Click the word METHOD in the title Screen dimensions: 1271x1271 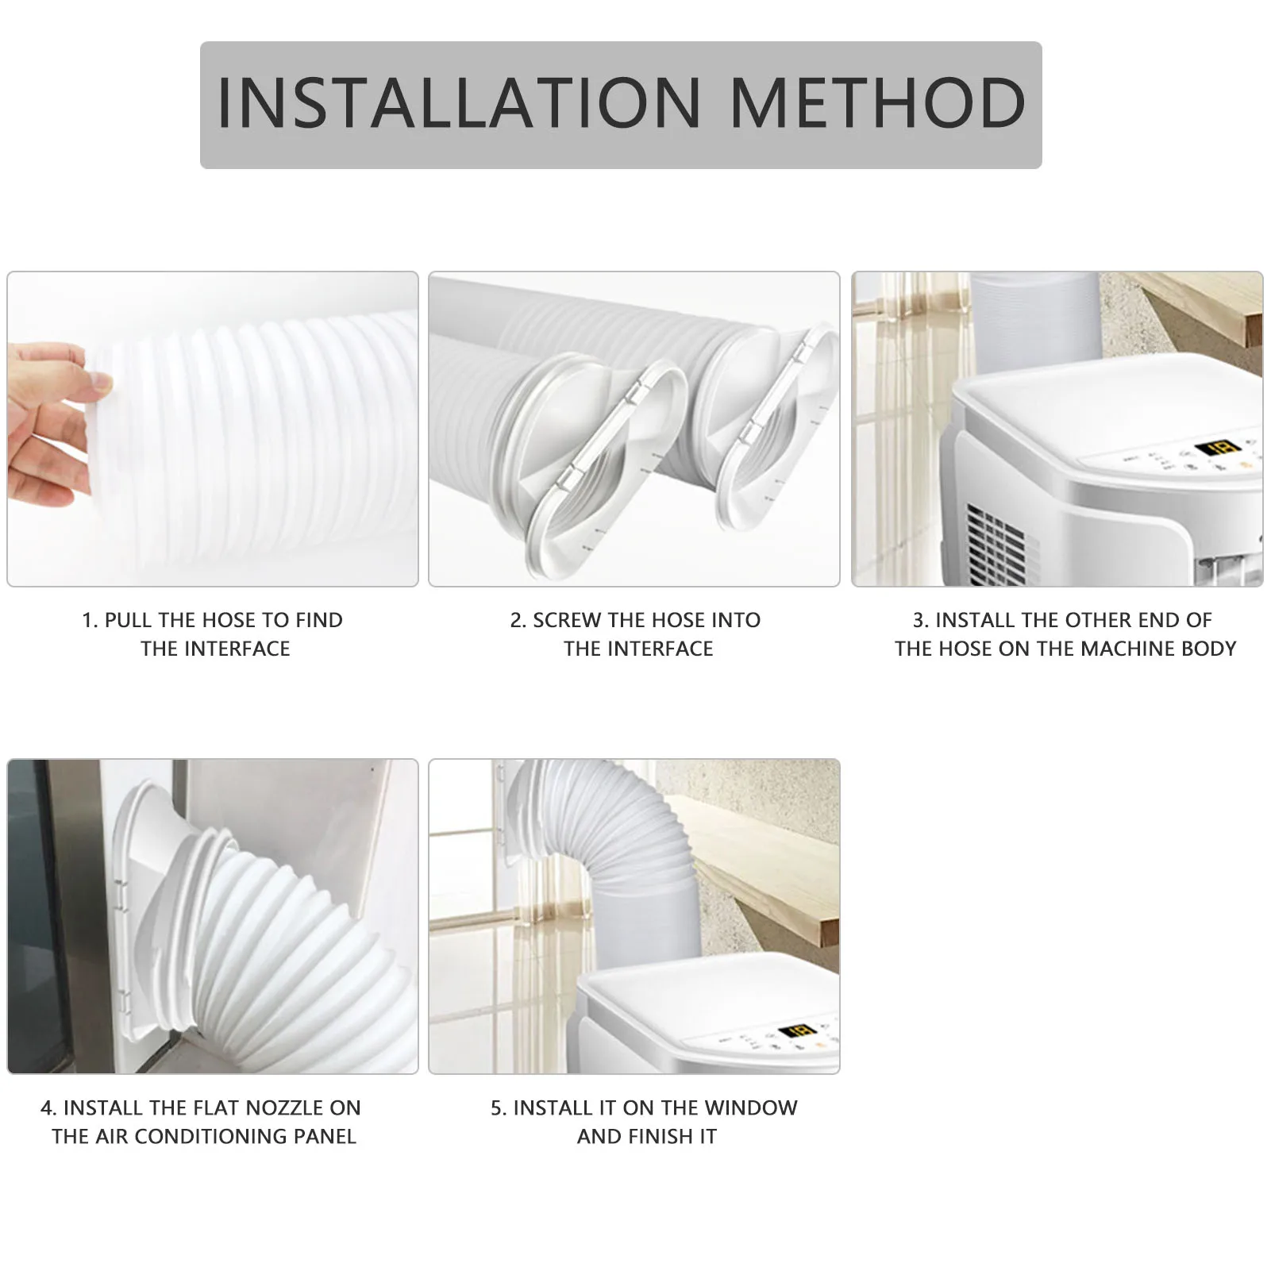coord(877,103)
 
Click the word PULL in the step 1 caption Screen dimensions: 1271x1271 coord(129,620)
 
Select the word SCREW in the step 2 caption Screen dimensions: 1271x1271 coord(567,620)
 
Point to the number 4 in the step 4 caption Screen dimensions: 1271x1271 coord(47,1107)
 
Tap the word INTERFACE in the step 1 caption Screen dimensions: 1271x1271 coord(239,649)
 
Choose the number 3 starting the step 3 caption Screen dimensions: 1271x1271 coord(919,620)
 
